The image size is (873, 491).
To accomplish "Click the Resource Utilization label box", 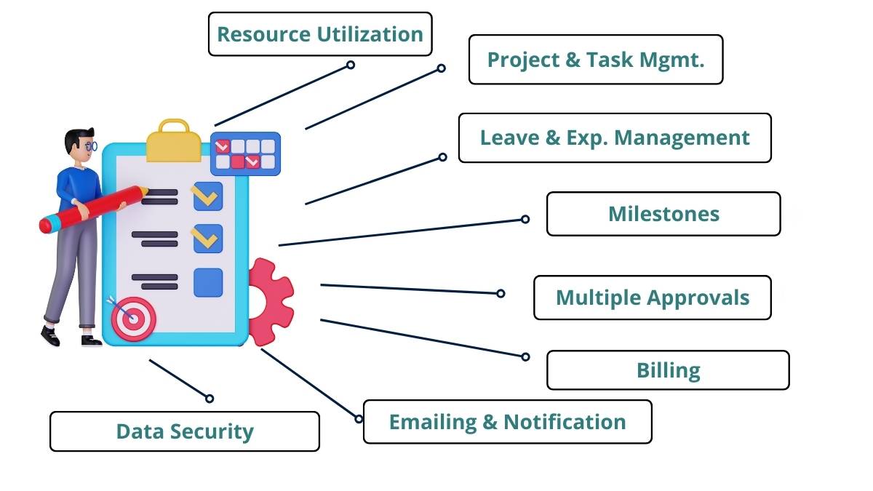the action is pos(320,34).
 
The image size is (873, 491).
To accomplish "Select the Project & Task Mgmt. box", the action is pos(596,59).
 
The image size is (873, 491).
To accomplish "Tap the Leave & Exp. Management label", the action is pos(615,137).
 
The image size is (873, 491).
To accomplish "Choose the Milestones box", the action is pos(663,214).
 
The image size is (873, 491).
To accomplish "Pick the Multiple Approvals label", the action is pos(653,298).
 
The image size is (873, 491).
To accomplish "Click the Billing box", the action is pos(668,370).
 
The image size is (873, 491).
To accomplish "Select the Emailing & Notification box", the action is pos(508,422).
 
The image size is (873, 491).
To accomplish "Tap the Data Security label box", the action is pos(185,431).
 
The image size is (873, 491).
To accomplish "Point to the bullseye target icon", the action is pos(133,319).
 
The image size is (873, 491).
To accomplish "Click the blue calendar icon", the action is pos(245,153).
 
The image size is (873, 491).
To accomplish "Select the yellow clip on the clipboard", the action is pos(173,140).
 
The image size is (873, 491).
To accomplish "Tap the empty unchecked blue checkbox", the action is pos(208,282).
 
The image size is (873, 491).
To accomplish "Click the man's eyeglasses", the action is pos(92,146).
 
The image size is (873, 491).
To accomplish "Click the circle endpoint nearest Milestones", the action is pos(525,219).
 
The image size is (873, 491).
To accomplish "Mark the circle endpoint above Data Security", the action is pos(210,399).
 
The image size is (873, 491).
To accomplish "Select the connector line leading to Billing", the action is pos(423,338).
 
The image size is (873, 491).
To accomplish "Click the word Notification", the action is pos(565,422).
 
